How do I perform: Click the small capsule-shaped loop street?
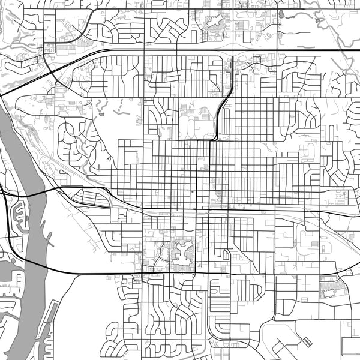[226, 254]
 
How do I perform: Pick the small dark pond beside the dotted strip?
[103, 113]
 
